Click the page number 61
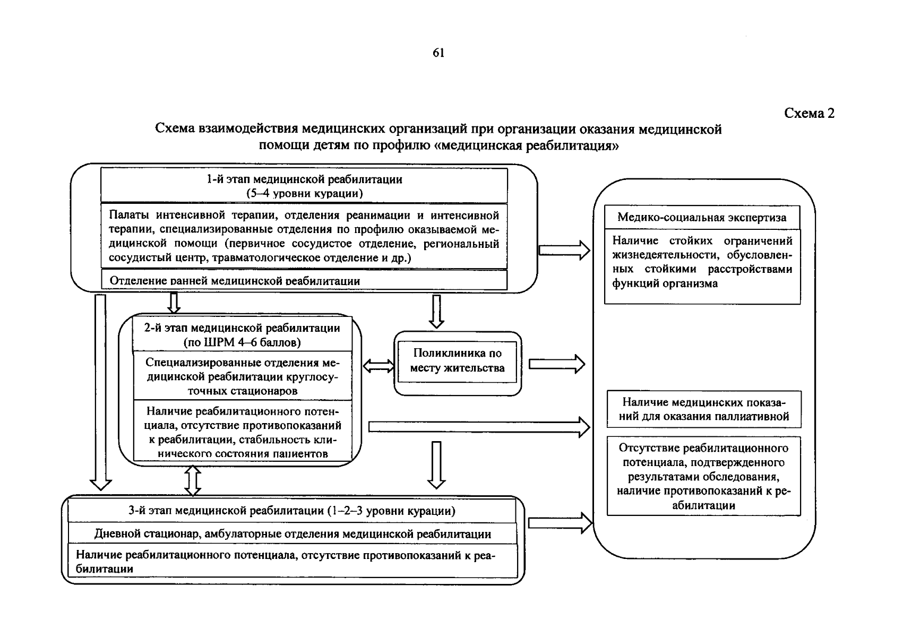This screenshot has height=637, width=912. click(438, 53)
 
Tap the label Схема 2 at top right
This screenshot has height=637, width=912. click(809, 113)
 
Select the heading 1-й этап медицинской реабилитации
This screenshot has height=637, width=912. click(304, 179)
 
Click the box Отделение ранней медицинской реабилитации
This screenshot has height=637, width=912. click(304, 281)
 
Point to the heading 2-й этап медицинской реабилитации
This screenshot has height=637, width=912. click(242, 328)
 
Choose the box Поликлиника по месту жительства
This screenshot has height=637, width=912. click(457, 361)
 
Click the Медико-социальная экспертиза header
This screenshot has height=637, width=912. click(702, 217)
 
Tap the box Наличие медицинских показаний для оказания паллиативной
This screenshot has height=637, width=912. click(703, 409)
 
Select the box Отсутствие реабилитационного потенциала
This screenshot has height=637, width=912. click(703, 476)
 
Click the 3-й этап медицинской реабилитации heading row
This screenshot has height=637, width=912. click(291, 511)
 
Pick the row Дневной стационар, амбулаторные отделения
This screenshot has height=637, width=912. click(292, 534)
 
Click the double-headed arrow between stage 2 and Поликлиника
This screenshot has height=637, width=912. click(378, 366)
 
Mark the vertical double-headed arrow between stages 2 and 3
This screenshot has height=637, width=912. click(192, 480)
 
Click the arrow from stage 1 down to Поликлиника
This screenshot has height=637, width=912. click(436, 311)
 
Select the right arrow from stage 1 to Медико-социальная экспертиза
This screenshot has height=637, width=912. click(564, 250)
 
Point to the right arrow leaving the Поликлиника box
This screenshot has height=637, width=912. click(556, 364)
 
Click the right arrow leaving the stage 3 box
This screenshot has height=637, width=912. click(560, 523)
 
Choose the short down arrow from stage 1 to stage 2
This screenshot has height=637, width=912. click(174, 303)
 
